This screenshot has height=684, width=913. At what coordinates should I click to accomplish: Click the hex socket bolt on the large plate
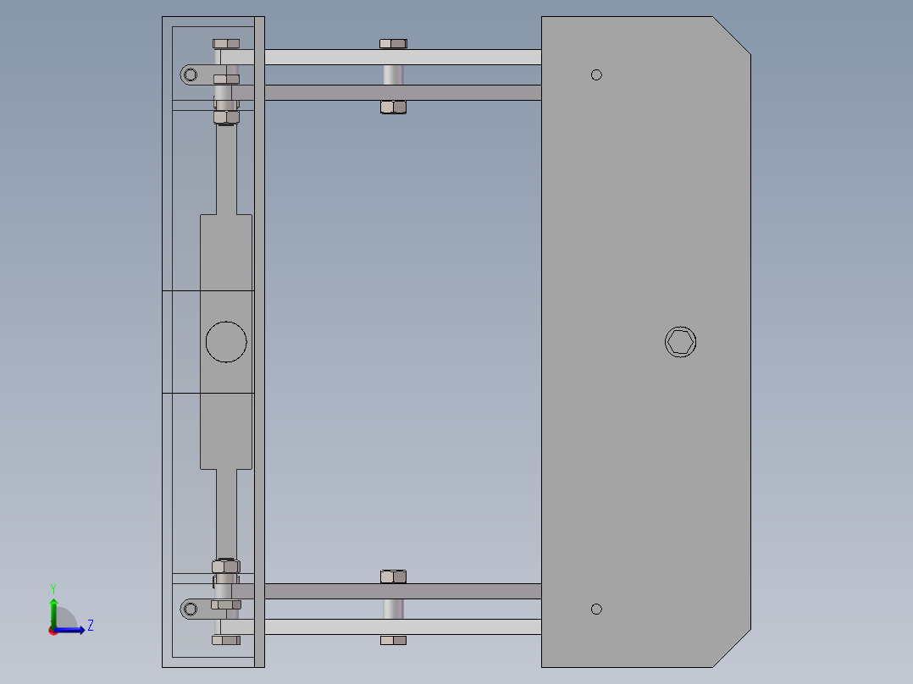680,342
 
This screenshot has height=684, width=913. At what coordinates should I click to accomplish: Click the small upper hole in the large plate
596,74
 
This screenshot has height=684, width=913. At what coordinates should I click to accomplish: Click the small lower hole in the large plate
596,609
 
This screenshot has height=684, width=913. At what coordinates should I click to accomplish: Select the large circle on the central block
226,342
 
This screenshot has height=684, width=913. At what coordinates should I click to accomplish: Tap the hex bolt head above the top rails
393,43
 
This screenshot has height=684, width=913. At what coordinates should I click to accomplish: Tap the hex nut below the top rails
393,107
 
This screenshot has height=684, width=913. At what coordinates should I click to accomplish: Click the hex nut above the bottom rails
393,576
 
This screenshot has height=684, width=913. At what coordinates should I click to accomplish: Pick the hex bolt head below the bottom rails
393,641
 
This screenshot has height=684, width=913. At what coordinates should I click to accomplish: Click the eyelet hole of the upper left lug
191,74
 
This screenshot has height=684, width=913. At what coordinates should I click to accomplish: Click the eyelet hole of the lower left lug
191,608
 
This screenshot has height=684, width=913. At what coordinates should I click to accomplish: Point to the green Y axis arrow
53,608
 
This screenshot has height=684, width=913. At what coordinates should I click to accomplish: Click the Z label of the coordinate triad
90,626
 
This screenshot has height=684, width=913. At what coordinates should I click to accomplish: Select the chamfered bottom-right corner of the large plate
732,648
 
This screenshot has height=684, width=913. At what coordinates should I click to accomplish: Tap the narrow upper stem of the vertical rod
226,169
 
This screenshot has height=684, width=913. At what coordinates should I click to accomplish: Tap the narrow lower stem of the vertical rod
226,512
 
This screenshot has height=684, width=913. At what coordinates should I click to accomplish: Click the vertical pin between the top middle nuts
393,74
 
